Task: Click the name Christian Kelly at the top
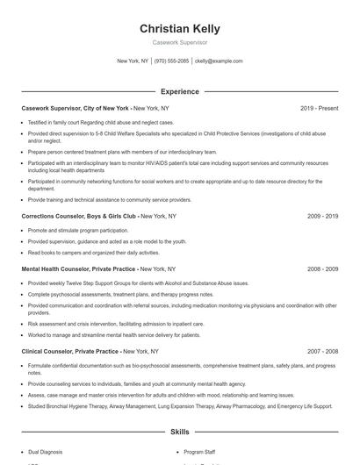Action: click(x=179, y=28)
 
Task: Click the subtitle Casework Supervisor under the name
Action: click(x=179, y=42)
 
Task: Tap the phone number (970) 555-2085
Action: click(x=171, y=61)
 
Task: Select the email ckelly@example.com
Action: click(x=219, y=61)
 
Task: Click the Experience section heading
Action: click(x=179, y=91)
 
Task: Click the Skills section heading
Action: click(x=179, y=433)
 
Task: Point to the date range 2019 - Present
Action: click(x=319, y=108)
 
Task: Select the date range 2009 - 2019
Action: click(x=320, y=215)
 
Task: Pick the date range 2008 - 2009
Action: click(x=320, y=268)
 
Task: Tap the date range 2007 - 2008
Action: click(x=320, y=351)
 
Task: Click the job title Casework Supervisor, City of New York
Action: click(x=75, y=108)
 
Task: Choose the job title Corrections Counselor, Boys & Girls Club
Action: click(x=79, y=215)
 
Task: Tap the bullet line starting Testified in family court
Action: click(x=88, y=122)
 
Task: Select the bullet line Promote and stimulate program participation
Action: click(x=77, y=230)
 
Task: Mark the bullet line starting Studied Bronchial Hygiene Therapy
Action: click(x=180, y=406)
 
